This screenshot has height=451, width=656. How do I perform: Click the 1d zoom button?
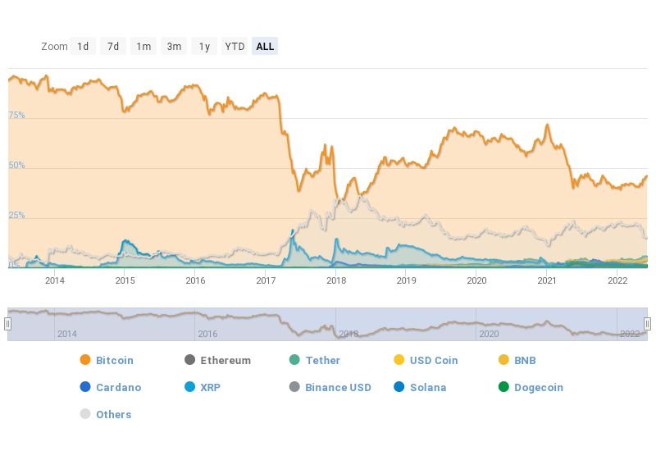tap(83, 47)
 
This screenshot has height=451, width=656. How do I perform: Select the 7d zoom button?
tap(113, 47)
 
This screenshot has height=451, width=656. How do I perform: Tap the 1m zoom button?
tap(143, 47)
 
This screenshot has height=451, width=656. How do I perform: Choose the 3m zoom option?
tap(174, 47)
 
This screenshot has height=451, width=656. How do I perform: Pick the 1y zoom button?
tap(204, 47)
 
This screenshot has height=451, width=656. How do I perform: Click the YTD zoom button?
tap(235, 47)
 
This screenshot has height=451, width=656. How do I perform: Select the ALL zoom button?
tap(265, 47)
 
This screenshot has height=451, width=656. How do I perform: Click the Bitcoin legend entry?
tap(114, 360)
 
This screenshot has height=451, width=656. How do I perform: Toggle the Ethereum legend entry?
tap(225, 360)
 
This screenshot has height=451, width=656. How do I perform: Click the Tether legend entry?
tap(322, 360)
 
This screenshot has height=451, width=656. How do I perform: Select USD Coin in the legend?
tap(434, 360)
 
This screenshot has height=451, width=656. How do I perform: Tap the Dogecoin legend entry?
tap(538, 387)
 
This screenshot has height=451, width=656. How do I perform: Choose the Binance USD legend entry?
tap(338, 387)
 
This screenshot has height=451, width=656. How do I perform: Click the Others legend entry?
tap(113, 414)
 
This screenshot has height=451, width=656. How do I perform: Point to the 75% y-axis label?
tap(16, 116)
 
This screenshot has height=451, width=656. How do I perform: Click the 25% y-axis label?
tap(16, 216)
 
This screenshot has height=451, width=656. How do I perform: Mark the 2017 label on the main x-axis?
tap(266, 280)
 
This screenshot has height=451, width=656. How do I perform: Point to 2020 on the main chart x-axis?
tap(476, 280)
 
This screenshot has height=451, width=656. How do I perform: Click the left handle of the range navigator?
tap(8, 324)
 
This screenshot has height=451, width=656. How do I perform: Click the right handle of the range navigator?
tap(647, 324)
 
